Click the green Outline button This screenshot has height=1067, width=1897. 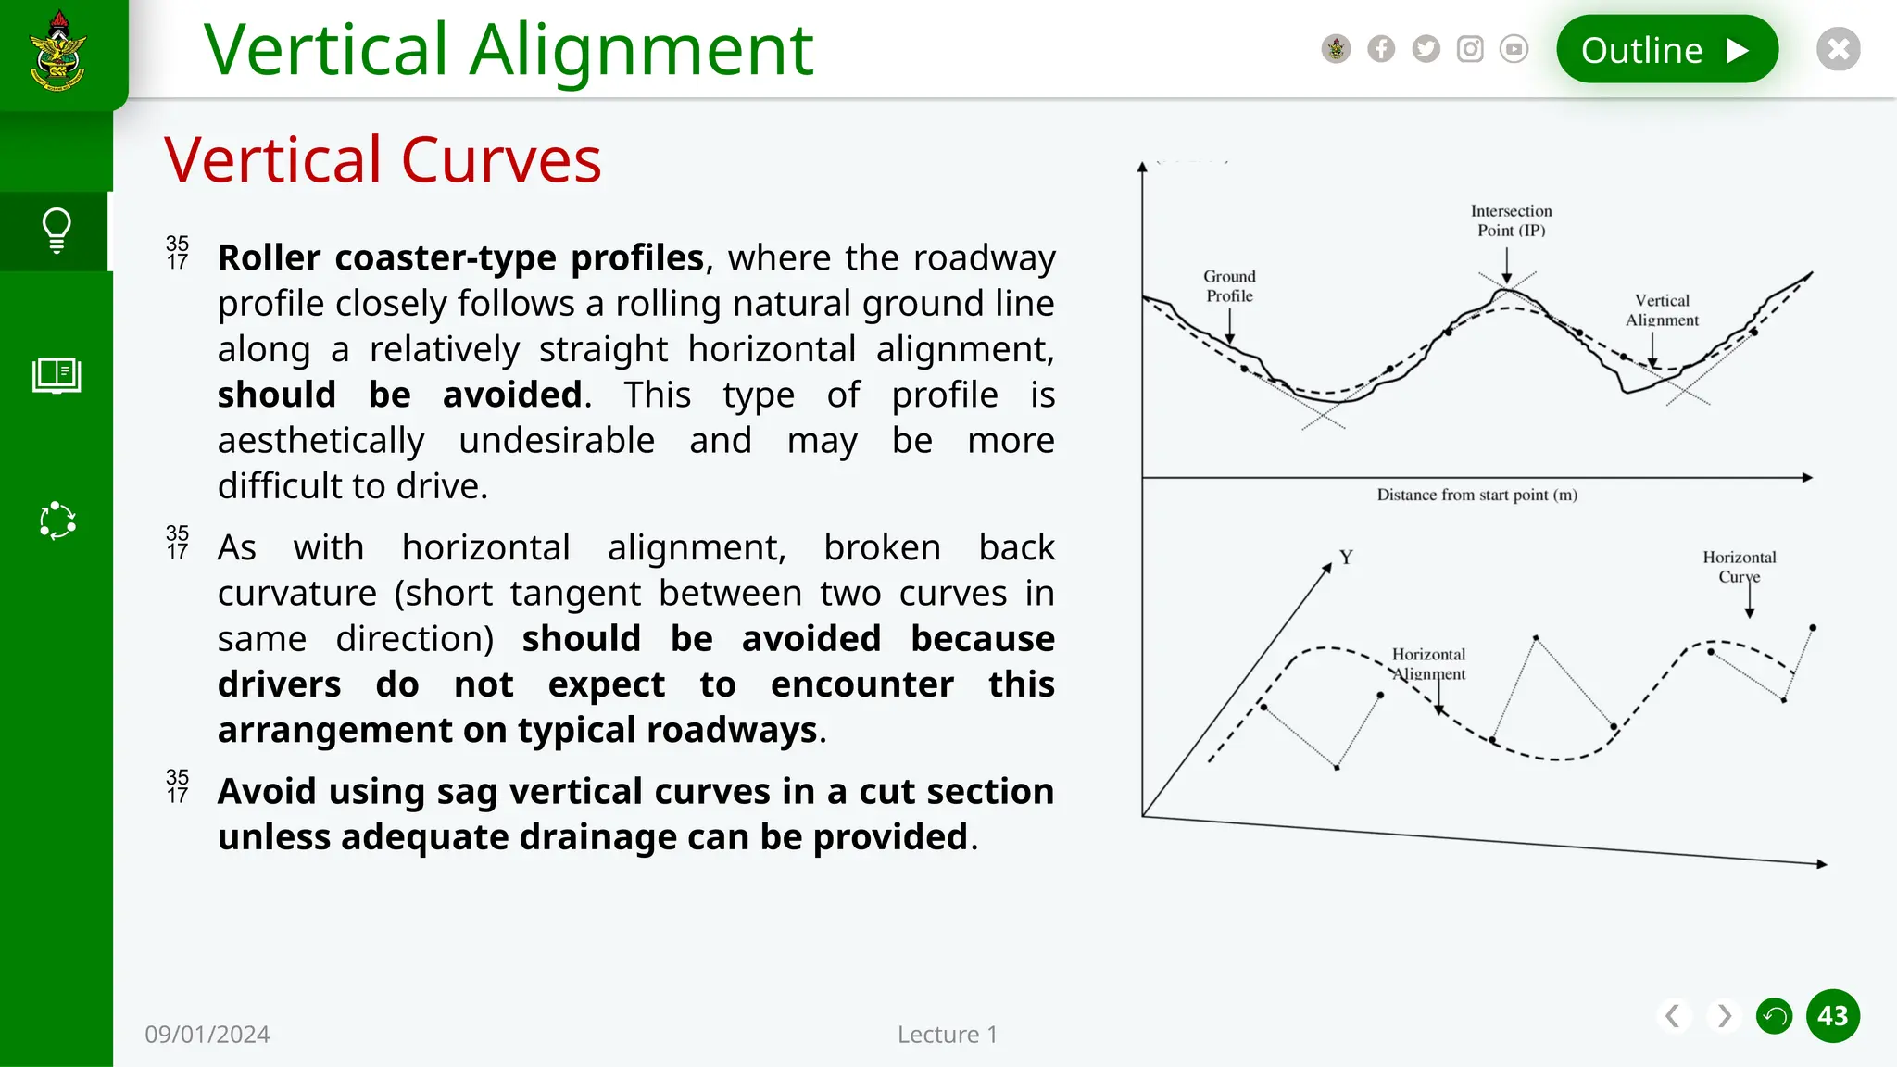click(1666, 50)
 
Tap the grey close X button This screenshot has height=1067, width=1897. click(1838, 49)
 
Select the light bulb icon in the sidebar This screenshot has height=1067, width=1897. click(57, 231)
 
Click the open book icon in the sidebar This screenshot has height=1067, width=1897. click(57, 375)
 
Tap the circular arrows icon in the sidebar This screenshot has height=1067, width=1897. click(57, 521)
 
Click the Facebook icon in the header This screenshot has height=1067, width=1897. click(1380, 49)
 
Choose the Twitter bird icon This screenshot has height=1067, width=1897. click(1426, 49)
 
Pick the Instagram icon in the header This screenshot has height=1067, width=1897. click(1470, 49)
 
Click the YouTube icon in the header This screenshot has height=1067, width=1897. click(1514, 49)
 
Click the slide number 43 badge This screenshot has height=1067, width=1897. click(1832, 1016)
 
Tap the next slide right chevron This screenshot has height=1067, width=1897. click(1724, 1016)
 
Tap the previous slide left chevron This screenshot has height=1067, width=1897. click(1673, 1016)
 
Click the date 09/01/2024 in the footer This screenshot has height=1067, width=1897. click(207, 1035)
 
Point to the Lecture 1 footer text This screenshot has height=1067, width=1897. click(947, 1035)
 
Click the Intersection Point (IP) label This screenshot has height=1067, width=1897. click(1511, 221)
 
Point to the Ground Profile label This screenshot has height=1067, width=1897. click(1229, 286)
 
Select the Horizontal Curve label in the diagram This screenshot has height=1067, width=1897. click(1739, 567)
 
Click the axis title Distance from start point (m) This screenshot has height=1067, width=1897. click(1476, 496)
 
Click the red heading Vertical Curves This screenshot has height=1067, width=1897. click(383, 160)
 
